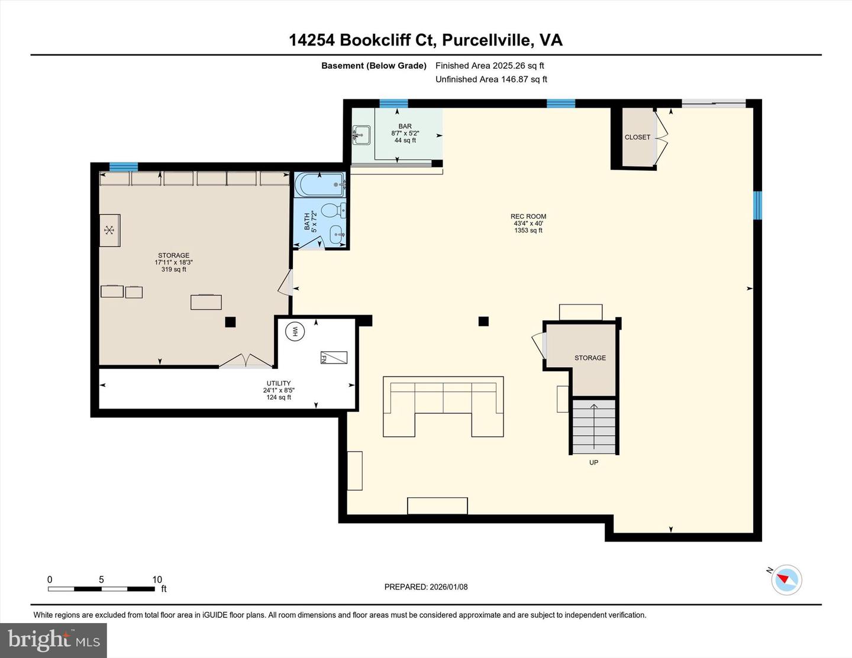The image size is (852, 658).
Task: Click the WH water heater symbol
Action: [x=295, y=332]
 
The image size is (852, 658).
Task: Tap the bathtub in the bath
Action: [x=319, y=185]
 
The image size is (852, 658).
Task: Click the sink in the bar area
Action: [x=361, y=135]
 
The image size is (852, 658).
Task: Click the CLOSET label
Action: [x=637, y=137]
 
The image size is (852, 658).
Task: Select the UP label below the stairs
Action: [x=593, y=462]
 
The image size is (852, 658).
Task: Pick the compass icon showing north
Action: [x=786, y=579]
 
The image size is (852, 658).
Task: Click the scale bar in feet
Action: [x=102, y=588]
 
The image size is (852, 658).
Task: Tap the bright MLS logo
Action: [x=53, y=640]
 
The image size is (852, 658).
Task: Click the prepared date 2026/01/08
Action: [x=426, y=587]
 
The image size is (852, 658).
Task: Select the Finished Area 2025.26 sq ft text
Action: [x=489, y=66]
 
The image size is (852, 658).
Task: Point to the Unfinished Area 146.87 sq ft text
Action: [x=491, y=79]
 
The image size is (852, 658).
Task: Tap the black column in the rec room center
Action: [x=483, y=321]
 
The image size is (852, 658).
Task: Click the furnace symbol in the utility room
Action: [x=333, y=357]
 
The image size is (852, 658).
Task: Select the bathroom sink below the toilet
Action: [x=337, y=234]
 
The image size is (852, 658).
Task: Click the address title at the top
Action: [x=425, y=40]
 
